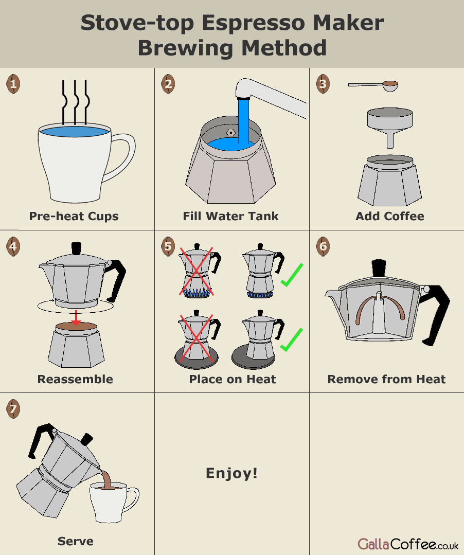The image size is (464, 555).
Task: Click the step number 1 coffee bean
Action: point(13,84)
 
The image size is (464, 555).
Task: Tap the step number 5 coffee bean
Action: point(168,246)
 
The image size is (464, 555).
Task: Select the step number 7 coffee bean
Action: point(13,409)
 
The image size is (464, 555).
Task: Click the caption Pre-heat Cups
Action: point(74,216)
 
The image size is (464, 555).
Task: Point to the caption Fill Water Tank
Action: point(230,216)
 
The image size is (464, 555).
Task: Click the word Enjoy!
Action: point(231,473)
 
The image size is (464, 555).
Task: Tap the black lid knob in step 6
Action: point(379,268)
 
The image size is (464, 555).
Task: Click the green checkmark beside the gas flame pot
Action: point(292,275)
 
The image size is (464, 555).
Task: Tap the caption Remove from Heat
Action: point(386,379)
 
